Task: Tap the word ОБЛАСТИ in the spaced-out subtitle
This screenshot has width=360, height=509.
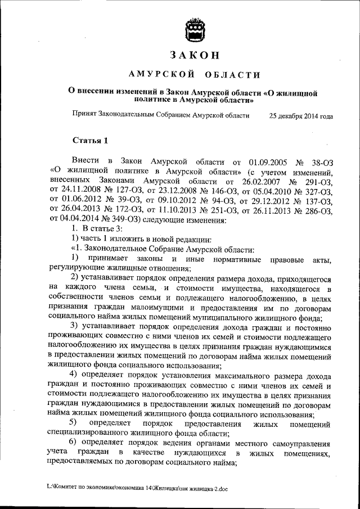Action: click(233, 75)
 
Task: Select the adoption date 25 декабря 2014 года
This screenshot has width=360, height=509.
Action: click(301, 116)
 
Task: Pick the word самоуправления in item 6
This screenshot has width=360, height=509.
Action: click(301, 443)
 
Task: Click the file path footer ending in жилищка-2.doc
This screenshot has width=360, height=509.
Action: click(138, 489)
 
